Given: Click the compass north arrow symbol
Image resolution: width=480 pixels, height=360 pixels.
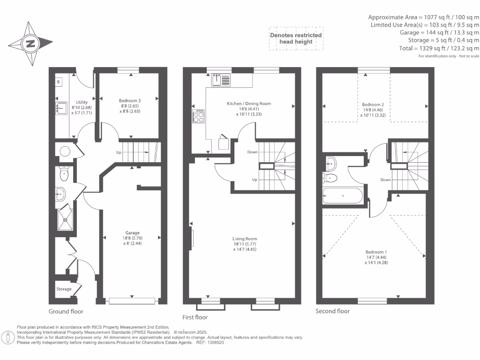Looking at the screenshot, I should (x=30, y=44).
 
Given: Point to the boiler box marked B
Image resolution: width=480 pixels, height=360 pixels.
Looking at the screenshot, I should (x=58, y=82).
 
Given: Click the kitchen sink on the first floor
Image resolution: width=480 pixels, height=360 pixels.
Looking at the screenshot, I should (x=220, y=80).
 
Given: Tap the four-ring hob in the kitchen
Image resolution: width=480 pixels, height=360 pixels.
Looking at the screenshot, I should (x=198, y=116).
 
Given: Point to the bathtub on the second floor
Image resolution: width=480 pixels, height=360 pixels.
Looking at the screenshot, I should (x=343, y=195).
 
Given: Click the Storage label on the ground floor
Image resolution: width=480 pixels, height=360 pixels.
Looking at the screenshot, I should (x=64, y=289).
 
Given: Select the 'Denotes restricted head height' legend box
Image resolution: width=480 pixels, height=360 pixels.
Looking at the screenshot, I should (x=296, y=38).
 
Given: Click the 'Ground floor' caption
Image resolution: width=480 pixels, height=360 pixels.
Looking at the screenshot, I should (x=66, y=311).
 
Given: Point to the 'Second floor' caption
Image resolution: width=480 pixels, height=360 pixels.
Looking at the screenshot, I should (x=332, y=311).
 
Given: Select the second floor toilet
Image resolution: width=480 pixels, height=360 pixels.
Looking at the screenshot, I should (x=330, y=178).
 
